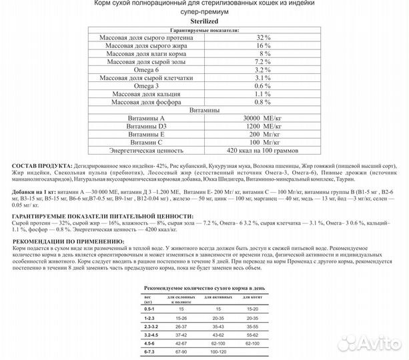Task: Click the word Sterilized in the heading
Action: pos(204,22)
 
